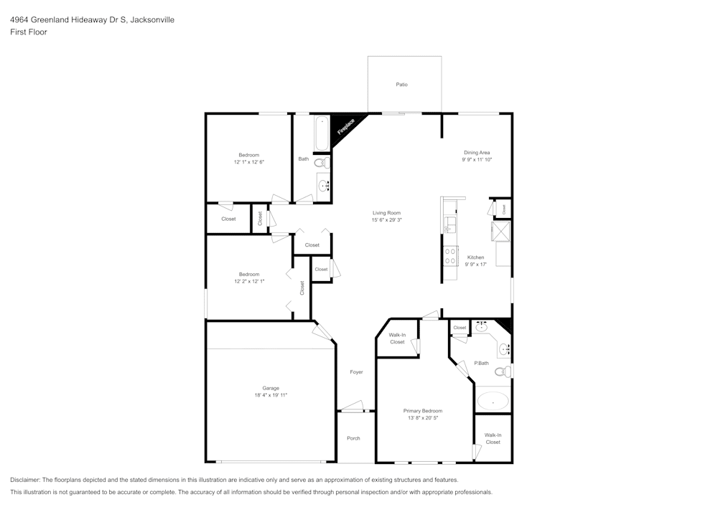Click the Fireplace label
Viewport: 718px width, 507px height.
(x=346, y=127)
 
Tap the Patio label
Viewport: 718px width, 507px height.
(x=401, y=85)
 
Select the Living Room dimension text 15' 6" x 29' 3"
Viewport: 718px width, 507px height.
(x=387, y=220)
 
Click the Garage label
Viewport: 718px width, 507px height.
(x=271, y=388)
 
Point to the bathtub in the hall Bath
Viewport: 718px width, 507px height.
(x=322, y=133)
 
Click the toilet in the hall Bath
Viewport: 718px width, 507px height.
(x=322, y=162)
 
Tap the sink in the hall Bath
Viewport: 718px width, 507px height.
(x=324, y=186)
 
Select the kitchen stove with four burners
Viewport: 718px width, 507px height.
(x=450, y=255)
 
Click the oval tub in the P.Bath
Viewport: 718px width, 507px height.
(x=493, y=402)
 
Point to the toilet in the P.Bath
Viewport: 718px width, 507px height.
(x=503, y=371)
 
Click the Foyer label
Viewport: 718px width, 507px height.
(x=356, y=372)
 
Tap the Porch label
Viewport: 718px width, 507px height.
(x=353, y=438)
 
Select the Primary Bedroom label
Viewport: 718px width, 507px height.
(x=423, y=411)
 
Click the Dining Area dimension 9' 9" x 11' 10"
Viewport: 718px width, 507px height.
(x=477, y=159)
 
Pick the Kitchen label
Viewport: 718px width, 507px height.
(x=476, y=257)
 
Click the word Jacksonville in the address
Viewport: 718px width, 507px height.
(x=152, y=19)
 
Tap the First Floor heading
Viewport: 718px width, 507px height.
(x=29, y=32)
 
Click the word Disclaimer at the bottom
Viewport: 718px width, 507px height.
(x=24, y=480)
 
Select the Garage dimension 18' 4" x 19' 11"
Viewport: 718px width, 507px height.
(x=271, y=395)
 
